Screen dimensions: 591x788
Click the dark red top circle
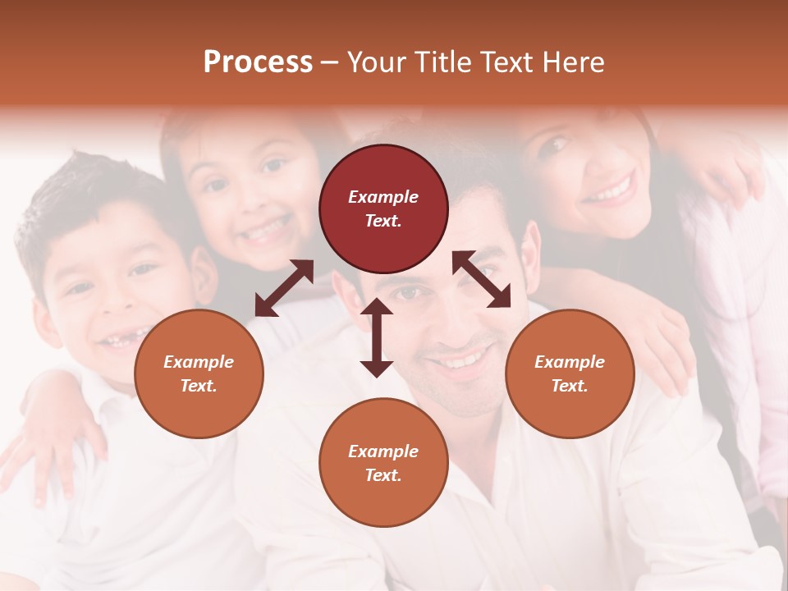(x=383, y=208)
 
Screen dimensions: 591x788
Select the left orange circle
(x=199, y=373)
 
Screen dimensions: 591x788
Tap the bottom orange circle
(x=383, y=462)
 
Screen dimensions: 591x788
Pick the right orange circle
(x=570, y=373)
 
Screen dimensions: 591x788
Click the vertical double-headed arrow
(x=377, y=337)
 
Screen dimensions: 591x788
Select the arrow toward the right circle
(x=481, y=279)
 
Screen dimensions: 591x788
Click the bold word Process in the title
(x=258, y=62)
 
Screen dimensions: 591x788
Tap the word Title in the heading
(x=442, y=62)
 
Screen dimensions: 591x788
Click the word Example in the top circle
(x=383, y=197)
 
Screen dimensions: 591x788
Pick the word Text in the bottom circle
(x=382, y=475)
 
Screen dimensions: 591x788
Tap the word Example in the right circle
(x=570, y=362)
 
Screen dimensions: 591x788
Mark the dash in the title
(x=329, y=62)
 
